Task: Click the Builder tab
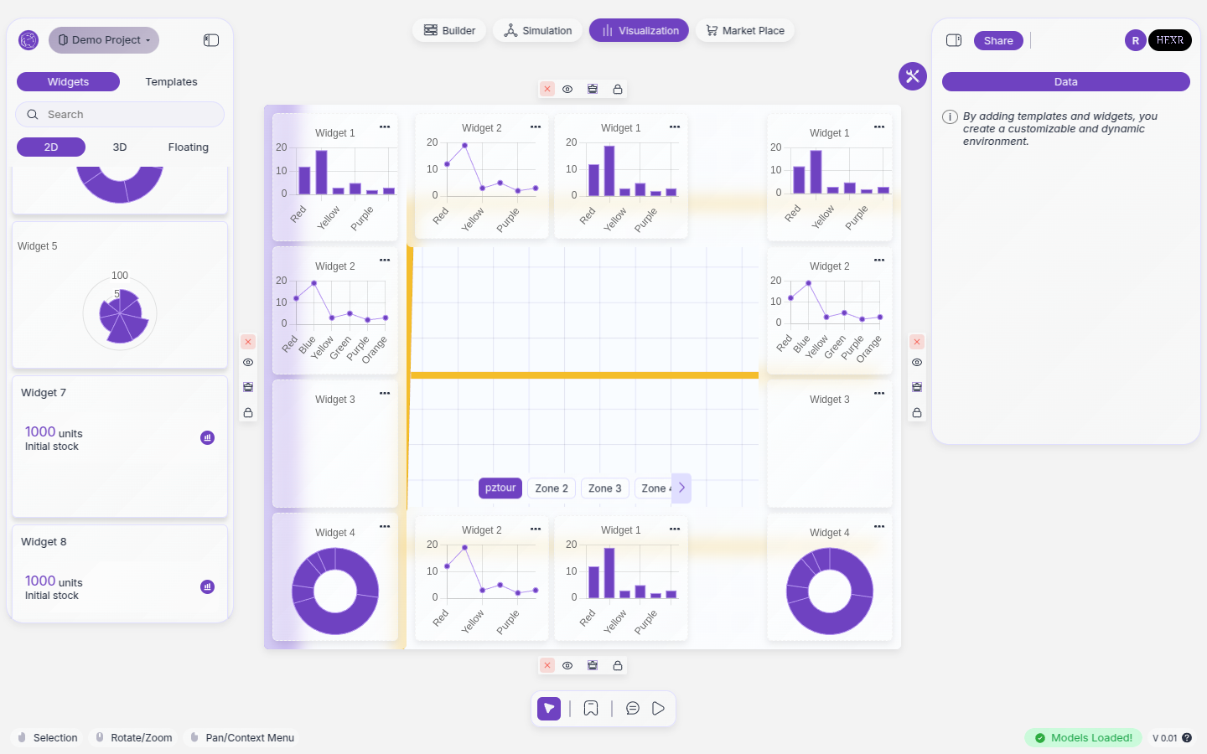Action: coord(449,31)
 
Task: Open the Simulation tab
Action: coord(537,31)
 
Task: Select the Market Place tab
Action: coord(745,31)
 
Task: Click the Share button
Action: coord(998,41)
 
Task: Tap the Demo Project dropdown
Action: coord(104,40)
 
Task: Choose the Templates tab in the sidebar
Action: coord(171,82)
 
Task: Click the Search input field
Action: coord(120,115)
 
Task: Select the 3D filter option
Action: coord(120,147)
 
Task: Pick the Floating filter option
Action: coord(188,147)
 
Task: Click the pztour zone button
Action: coord(500,488)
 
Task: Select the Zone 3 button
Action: coord(604,488)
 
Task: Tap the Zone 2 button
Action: coord(552,488)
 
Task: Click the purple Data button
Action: coord(1065,82)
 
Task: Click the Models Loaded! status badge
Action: coord(1083,738)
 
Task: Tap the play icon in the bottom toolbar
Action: coord(659,709)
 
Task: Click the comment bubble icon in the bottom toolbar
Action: coord(633,709)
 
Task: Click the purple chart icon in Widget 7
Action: coord(208,438)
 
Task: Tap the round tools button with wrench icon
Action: coord(913,76)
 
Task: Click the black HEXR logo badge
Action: coord(1170,40)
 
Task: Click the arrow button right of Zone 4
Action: coord(682,488)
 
